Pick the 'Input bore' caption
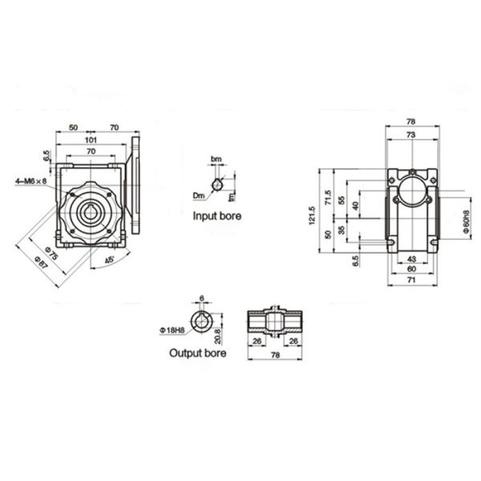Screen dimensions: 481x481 (216, 216)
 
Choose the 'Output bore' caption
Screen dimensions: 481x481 (197, 352)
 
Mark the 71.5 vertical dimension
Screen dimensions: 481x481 (327, 198)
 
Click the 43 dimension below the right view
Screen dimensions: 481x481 (411, 258)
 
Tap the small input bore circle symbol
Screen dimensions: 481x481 (216, 186)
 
